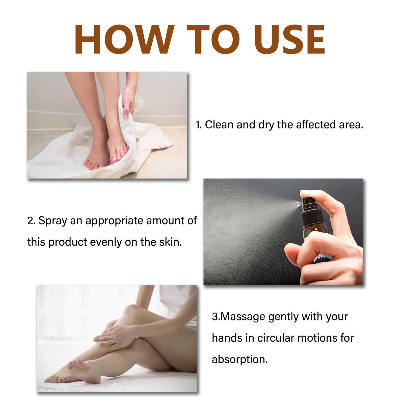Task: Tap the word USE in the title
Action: (289, 39)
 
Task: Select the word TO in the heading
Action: (213, 39)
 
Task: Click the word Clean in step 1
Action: (219, 124)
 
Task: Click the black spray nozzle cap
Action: (312, 212)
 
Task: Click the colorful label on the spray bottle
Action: (322, 258)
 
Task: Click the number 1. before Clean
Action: (199, 125)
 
